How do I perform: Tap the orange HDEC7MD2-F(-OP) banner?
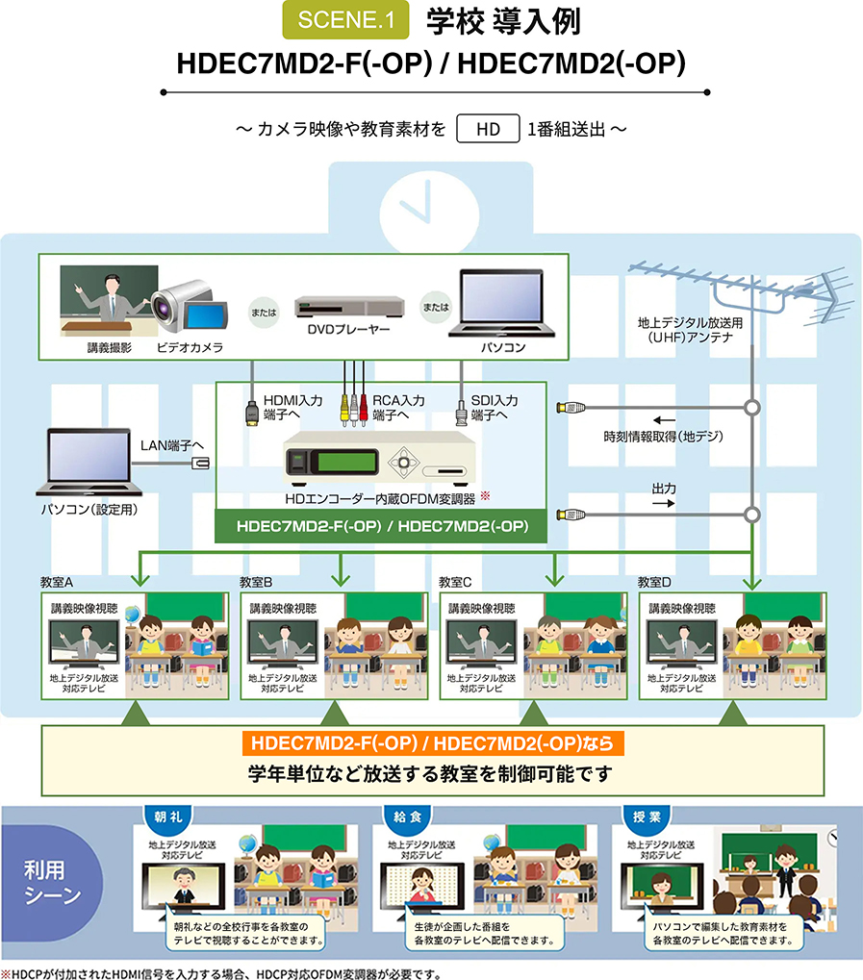tap(432, 743)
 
